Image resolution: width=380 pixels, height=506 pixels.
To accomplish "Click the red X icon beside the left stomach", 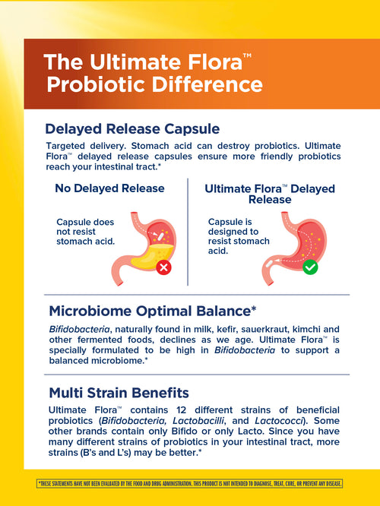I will [164, 267].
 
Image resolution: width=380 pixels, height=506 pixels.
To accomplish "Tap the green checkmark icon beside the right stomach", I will [309, 267].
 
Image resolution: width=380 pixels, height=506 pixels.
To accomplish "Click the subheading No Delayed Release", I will [109, 188].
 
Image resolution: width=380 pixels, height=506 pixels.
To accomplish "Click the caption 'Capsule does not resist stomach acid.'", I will [85, 231].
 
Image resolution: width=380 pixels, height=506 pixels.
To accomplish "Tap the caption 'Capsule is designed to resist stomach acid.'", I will [238, 236].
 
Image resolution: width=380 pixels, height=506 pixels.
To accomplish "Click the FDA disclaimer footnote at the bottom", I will [190, 483].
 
